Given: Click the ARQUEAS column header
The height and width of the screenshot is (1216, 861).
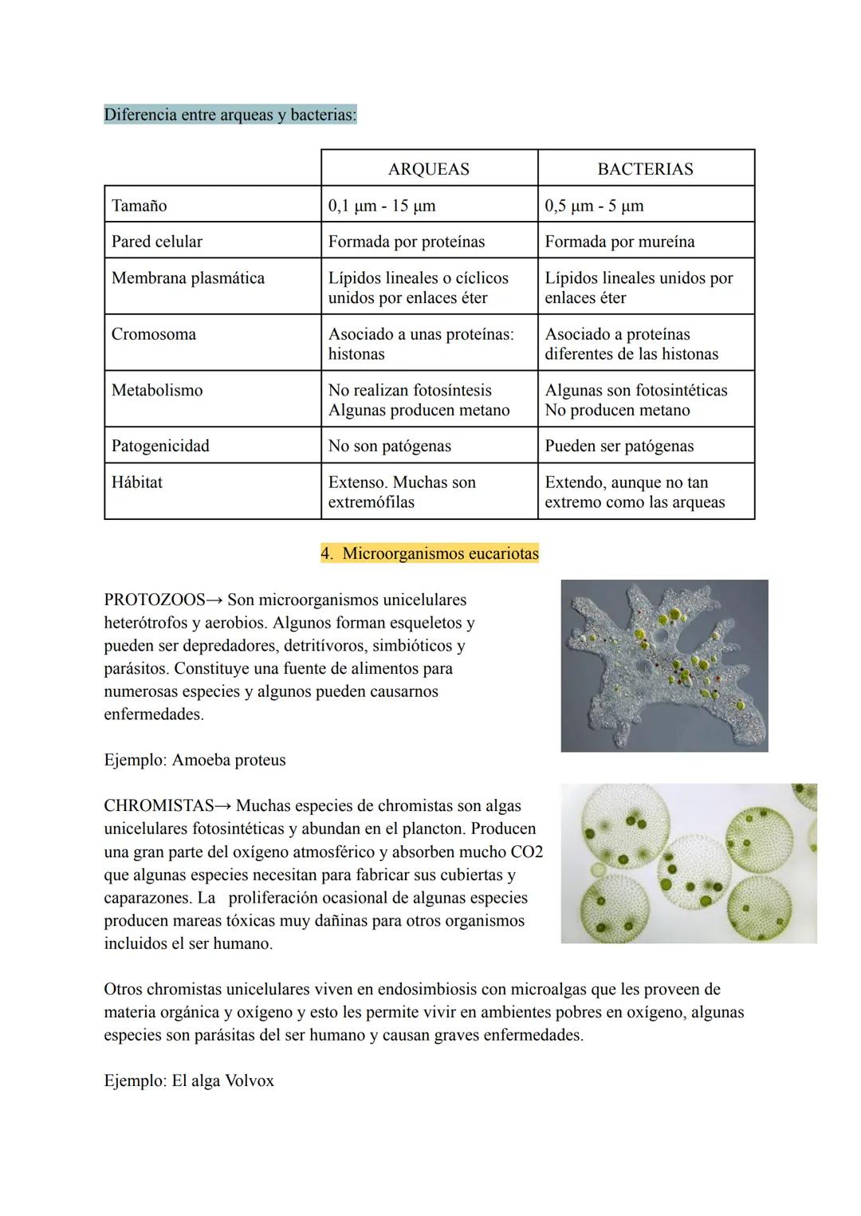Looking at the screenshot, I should (428, 169).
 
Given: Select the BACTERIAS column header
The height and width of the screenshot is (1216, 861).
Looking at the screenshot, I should (645, 169).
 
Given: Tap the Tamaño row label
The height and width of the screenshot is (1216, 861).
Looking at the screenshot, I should (140, 206).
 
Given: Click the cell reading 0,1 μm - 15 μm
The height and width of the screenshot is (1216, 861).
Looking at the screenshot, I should (382, 206).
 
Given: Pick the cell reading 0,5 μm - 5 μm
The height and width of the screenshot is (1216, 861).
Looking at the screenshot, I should (594, 206).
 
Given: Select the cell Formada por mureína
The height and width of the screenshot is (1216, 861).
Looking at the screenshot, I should (619, 242).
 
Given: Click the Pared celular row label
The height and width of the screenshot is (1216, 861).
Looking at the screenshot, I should (157, 242).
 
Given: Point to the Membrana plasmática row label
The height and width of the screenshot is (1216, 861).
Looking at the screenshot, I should (188, 278).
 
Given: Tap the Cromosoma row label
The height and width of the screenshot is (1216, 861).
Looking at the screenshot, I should (154, 334).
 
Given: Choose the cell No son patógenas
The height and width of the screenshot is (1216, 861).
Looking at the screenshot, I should (389, 447).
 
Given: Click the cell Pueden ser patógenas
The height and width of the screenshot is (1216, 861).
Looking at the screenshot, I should (619, 447).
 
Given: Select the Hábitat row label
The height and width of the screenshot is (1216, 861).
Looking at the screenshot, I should (137, 482).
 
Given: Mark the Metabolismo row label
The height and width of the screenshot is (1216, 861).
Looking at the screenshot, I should (157, 391).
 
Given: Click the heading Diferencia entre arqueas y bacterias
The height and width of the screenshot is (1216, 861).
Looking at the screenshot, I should (230, 115).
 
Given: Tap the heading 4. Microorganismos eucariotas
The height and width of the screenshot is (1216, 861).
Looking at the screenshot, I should (430, 553).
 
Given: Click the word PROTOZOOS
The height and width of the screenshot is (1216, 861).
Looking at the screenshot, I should (154, 600).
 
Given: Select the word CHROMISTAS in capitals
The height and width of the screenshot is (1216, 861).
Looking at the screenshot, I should (159, 806).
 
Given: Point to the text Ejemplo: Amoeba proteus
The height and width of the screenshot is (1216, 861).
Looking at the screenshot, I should (195, 760).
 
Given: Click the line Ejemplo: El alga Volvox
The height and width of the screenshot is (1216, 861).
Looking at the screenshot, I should (189, 1081).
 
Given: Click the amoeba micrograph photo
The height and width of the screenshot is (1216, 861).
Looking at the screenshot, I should (664, 666).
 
